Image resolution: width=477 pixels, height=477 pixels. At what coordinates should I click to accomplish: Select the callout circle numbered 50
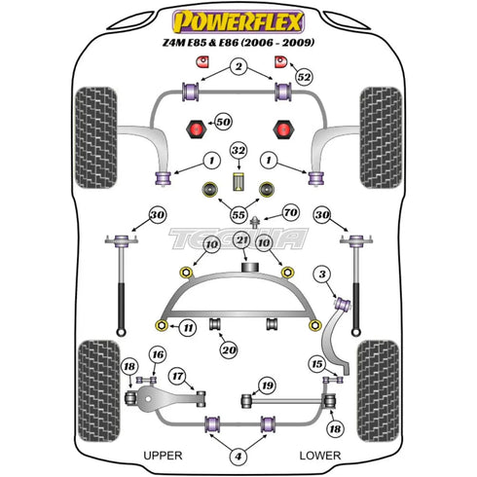(224, 122)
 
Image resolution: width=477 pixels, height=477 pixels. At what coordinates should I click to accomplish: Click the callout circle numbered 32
(238, 151)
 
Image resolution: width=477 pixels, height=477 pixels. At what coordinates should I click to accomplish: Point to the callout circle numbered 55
(238, 213)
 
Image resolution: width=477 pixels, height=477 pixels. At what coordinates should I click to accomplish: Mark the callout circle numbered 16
(158, 354)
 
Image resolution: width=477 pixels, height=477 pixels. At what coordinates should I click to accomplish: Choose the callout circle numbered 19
(266, 387)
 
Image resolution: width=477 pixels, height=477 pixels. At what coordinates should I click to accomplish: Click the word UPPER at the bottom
(162, 455)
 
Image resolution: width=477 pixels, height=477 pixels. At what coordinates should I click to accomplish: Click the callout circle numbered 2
(238, 66)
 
